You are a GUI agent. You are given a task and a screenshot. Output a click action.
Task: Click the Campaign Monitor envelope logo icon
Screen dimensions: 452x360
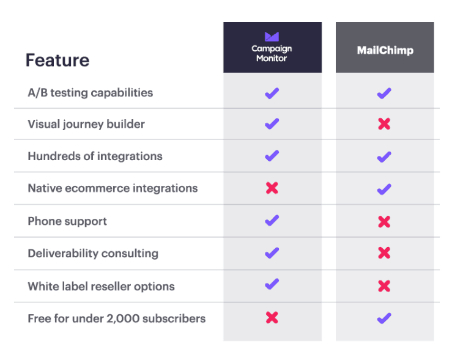point(272,37)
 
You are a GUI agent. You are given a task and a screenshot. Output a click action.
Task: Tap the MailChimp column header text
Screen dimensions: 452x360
point(385,50)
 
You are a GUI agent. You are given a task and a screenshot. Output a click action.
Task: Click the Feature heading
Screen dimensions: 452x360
point(57,60)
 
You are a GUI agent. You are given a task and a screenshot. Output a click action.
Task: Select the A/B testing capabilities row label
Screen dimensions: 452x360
point(91,93)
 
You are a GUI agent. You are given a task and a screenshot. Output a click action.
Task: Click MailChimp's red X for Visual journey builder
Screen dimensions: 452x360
point(384,124)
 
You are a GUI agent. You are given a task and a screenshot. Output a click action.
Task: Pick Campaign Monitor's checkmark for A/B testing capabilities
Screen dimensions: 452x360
point(272,93)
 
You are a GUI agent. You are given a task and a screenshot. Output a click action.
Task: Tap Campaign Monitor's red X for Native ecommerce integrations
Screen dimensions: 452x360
point(272,188)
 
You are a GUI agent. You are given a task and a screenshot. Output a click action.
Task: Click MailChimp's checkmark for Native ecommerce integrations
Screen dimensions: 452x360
point(384,189)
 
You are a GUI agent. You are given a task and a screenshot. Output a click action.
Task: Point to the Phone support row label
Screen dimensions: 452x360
point(67,221)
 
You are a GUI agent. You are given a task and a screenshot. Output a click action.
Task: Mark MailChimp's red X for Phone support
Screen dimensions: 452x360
point(384,221)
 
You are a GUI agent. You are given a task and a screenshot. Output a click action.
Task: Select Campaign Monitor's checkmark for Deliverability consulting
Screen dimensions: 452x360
point(272,253)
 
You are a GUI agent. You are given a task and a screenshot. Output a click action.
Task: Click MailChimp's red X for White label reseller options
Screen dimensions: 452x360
point(384,286)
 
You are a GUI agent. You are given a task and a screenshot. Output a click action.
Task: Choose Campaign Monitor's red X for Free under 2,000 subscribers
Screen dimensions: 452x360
point(272,318)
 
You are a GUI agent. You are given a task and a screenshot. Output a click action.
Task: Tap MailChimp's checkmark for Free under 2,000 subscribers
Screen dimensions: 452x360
point(384,318)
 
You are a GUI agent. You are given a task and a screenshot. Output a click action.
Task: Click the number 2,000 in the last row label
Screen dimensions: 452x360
point(123,319)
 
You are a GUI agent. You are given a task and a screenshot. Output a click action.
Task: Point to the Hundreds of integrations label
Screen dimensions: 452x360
point(95,156)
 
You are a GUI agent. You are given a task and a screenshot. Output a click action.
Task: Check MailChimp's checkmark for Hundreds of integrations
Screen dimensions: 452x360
point(384,157)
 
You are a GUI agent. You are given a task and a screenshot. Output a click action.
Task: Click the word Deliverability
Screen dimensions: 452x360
point(63,254)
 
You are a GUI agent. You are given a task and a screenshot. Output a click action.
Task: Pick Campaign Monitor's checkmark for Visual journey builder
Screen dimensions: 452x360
point(272,124)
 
